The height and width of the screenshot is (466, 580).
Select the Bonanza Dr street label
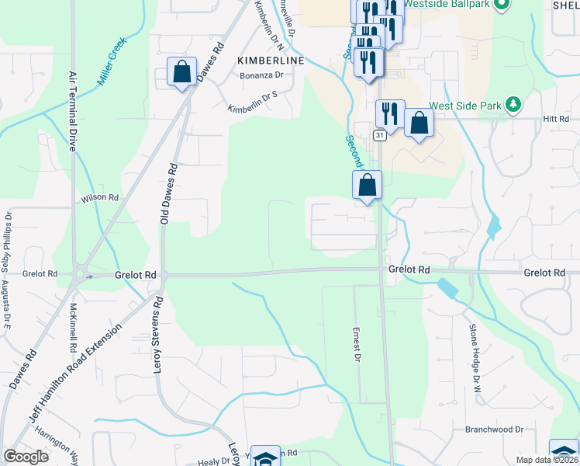click(x=261, y=75)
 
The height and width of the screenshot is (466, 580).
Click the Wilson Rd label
click(x=100, y=199)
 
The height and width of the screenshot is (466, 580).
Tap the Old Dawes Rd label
click(x=164, y=194)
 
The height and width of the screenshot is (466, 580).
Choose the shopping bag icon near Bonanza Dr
click(x=181, y=72)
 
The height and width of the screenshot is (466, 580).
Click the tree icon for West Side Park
click(x=512, y=104)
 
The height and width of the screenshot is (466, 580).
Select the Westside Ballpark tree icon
click(x=501, y=5)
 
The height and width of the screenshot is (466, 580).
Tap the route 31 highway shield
click(x=378, y=135)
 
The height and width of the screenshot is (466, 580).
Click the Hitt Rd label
click(x=556, y=119)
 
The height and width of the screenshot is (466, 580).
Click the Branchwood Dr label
click(x=495, y=429)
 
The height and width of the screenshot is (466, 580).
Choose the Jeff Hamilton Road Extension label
click(x=75, y=374)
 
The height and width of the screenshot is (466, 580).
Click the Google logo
click(x=26, y=457)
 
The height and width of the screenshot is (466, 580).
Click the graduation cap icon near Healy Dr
click(x=266, y=458)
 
